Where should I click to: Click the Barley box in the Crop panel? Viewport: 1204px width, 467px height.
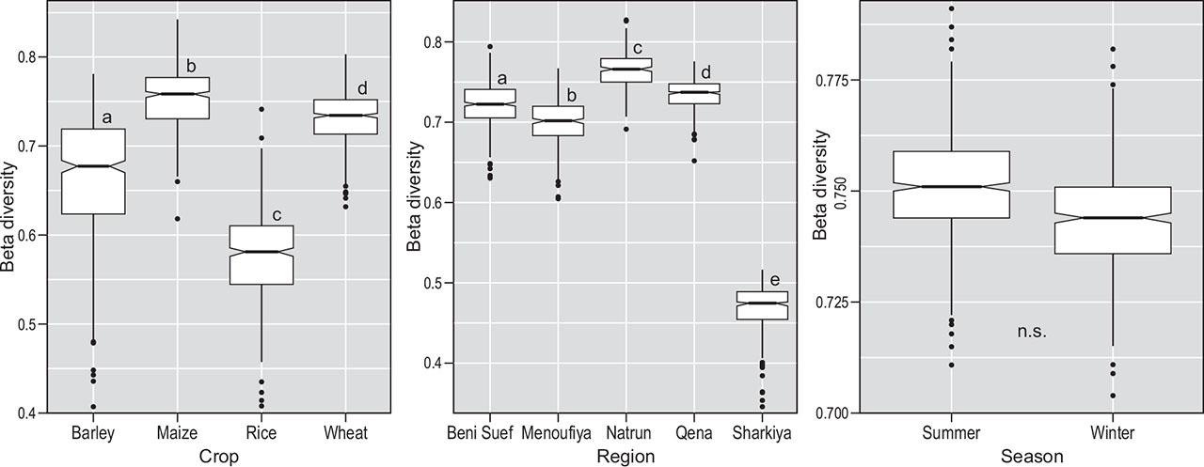pyautogui.click(x=93, y=171)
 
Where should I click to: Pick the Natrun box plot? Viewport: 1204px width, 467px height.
pyautogui.click(x=626, y=70)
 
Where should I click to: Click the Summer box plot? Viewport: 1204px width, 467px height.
pyautogui.click(x=951, y=185)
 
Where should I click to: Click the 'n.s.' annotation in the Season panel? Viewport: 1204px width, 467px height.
pyautogui.click(x=1031, y=332)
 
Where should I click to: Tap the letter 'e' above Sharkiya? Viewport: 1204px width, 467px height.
pyautogui.click(x=774, y=280)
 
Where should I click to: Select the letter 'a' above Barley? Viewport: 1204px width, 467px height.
pyautogui.click(x=106, y=117)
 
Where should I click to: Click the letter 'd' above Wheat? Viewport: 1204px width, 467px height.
pyautogui.click(x=361, y=89)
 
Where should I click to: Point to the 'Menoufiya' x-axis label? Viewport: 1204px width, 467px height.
pyautogui.click(x=558, y=433)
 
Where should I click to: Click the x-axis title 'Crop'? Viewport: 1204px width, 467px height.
pyautogui.click(x=219, y=456)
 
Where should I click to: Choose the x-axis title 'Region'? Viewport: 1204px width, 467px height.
pyautogui.click(x=626, y=456)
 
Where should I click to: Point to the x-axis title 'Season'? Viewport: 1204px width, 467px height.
pyautogui.click(x=1032, y=456)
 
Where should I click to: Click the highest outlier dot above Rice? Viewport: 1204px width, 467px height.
pyautogui.click(x=261, y=110)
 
